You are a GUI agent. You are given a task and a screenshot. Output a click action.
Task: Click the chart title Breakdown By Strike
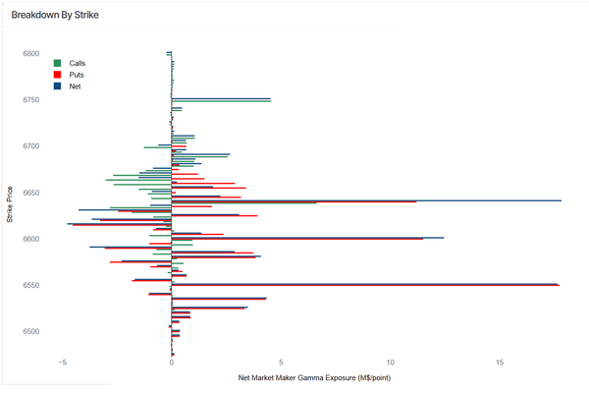tap(55, 16)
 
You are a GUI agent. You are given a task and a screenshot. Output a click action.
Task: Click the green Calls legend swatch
tap(58, 63)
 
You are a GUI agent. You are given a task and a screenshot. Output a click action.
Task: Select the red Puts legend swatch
tap(58, 75)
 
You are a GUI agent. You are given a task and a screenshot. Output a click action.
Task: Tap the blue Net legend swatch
tap(58, 86)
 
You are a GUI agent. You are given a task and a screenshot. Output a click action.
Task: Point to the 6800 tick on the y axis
tap(31, 54)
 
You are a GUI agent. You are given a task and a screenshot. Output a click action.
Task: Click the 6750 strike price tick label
tap(31, 100)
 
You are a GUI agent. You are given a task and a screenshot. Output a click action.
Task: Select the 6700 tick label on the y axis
tap(31, 146)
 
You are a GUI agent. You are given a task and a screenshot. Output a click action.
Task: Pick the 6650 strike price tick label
tap(31, 193)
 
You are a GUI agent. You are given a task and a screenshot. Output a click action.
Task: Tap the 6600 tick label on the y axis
tap(31, 239)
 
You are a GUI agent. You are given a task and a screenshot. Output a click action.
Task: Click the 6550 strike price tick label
tap(31, 285)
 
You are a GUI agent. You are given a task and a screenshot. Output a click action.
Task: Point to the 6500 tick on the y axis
tap(31, 331)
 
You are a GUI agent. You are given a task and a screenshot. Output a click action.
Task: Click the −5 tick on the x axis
tap(62, 363)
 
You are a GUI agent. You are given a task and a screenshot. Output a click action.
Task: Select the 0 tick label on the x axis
tap(172, 363)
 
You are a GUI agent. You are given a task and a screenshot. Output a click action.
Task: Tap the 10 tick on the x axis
tap(391, 363)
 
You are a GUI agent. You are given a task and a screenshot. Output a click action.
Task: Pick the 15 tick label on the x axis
tap(500, 363)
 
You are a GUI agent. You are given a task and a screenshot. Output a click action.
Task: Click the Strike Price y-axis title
tap(9, 204)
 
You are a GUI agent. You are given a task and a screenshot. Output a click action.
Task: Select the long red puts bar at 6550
tap(393, 286)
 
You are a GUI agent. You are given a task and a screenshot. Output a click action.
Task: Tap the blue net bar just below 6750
tap(226, 99)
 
